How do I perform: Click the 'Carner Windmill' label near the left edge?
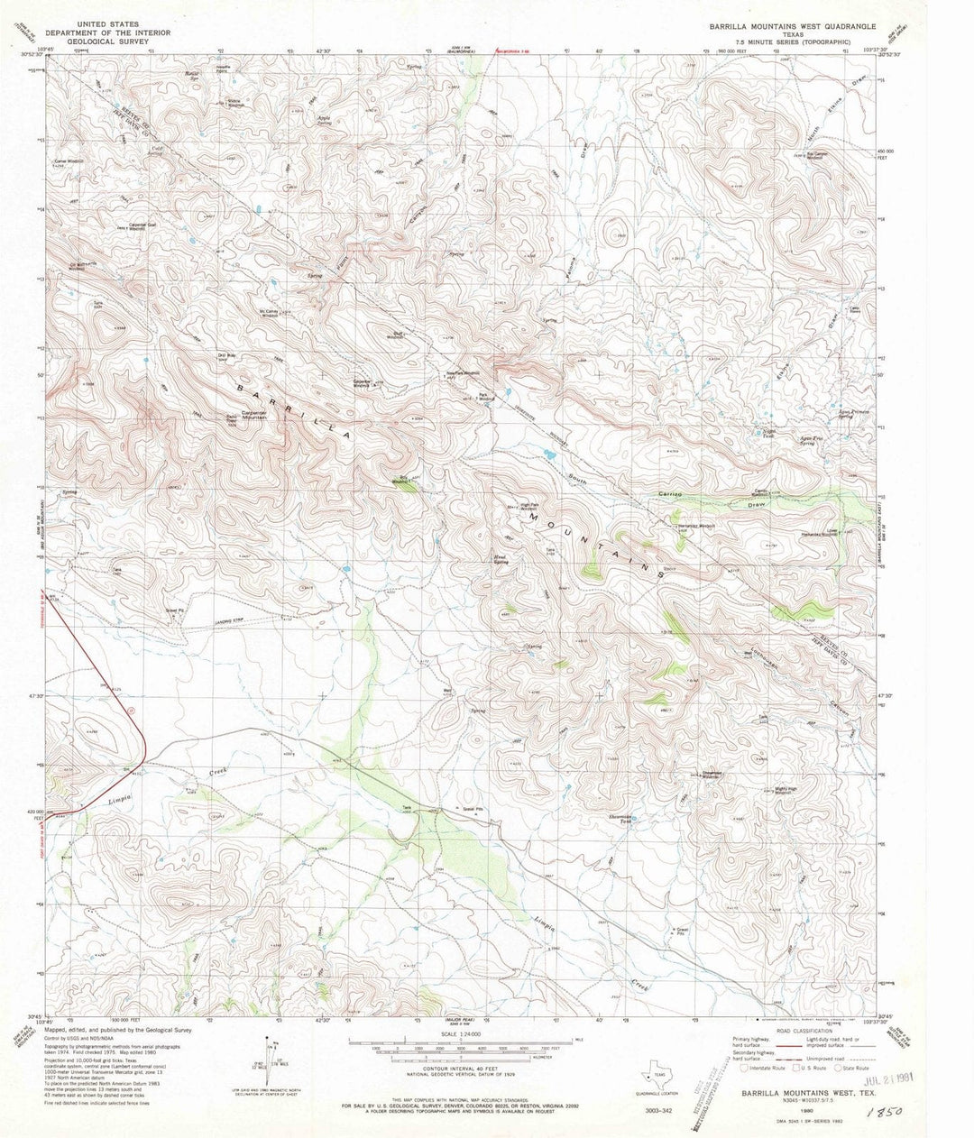point(69,161)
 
